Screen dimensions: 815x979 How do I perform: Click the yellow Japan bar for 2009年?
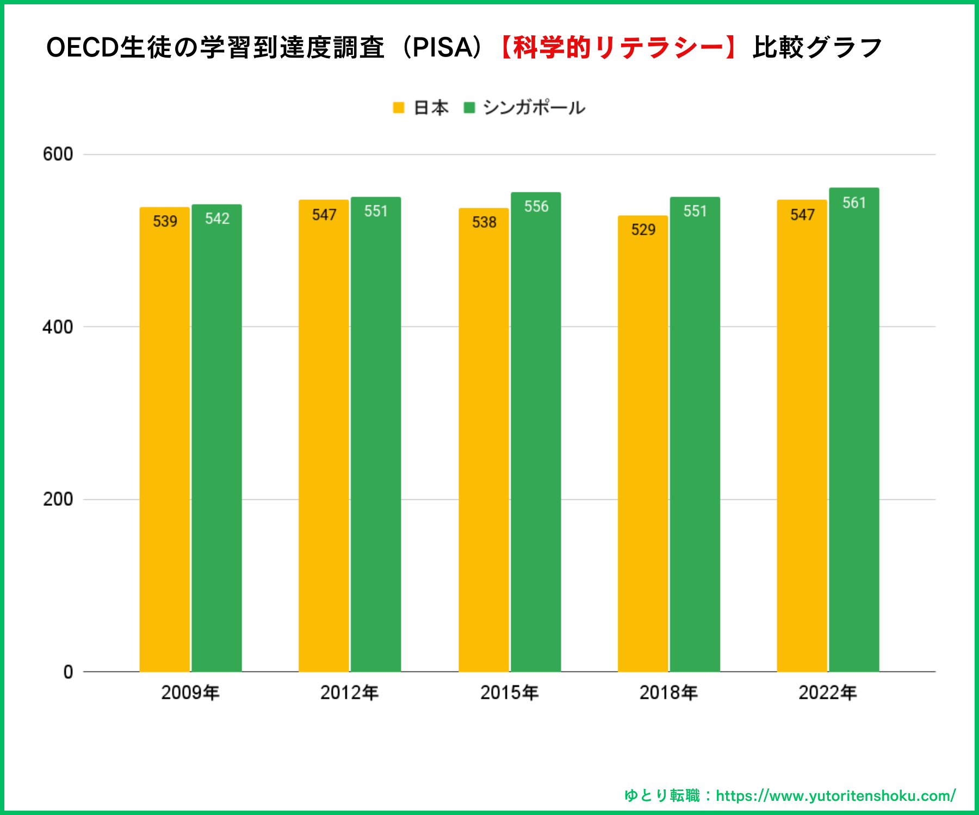click(164, 440)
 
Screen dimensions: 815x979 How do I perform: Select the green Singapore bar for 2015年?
click(536, 435)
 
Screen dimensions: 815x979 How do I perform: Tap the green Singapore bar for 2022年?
click(854, 435)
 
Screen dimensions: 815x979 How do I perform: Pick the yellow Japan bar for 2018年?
click(642, 446)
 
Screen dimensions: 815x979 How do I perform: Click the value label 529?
click(643, 230)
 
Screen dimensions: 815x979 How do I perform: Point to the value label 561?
click(854, 203)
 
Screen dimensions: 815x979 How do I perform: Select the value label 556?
click(536, 206)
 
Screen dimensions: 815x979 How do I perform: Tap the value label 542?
click(217, 219)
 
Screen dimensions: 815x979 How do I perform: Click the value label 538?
click(484, 222)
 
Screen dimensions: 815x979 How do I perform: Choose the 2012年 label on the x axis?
click(349, 693)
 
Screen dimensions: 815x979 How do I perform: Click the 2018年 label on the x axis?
click(668, 693)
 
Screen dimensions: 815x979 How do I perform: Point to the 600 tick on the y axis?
click(58, 154)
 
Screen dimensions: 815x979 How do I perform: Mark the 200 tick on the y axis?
click(58, 499)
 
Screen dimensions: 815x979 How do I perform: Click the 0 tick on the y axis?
click(68, 672)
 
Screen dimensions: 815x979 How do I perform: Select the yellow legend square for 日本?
click(399, 108)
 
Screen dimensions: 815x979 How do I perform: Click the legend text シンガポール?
click(534, 108)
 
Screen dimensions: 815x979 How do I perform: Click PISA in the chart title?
click(443, 48)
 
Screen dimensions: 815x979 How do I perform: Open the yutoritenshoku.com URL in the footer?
click(835, 796)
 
